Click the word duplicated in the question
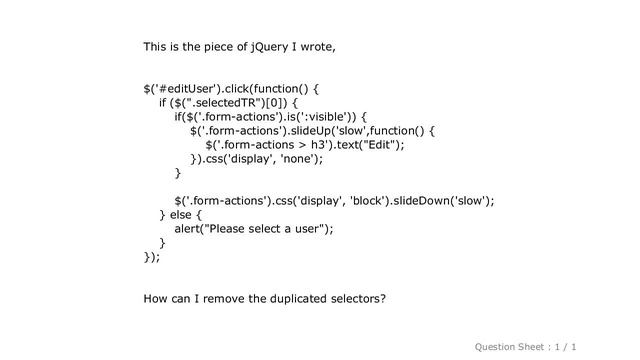point(291,298)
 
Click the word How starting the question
point(157,298)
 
